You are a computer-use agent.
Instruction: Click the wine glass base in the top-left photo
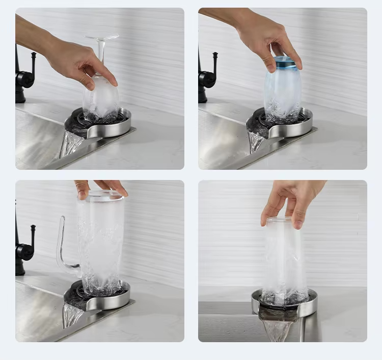click(102, 37)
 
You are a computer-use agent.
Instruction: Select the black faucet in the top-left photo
click(23, 76)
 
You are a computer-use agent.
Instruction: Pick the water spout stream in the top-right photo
click(255, 140)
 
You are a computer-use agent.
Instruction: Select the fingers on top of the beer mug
click(102, 187)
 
